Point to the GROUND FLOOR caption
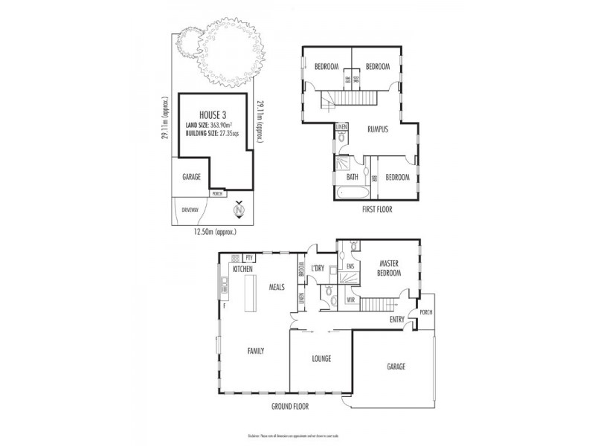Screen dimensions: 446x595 [289, 407]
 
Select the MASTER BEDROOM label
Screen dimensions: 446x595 [390, 268]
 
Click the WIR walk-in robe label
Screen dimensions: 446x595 [350, 300]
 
